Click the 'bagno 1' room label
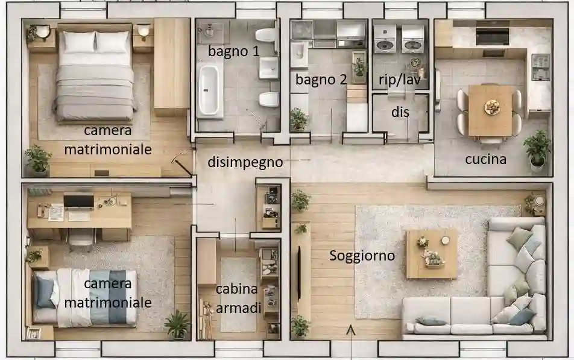(233, 51)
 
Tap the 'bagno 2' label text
(321, 79)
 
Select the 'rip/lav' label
(400, 80)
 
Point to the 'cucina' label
(485, 159)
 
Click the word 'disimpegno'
(245, 162)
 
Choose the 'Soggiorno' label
(362, 256)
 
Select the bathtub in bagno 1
(209, 90)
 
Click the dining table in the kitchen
(491, 110)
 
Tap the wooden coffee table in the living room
(431, 253)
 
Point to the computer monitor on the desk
(78, 201)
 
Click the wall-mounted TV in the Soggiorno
(300, 265)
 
